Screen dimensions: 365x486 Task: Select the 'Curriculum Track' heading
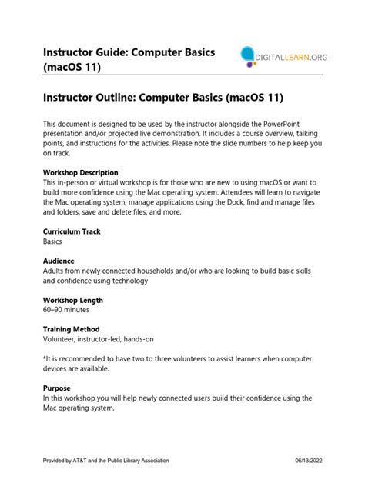[x=72, y=231]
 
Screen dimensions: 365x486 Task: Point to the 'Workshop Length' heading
[x=73, y=300]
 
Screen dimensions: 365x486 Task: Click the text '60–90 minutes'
[x=66, y=310]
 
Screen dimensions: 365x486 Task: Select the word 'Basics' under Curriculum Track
[x=53, y=241]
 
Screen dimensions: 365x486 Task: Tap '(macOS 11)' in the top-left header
[x=77, y=67]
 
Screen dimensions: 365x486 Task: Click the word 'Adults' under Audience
[x=55, y=271]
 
